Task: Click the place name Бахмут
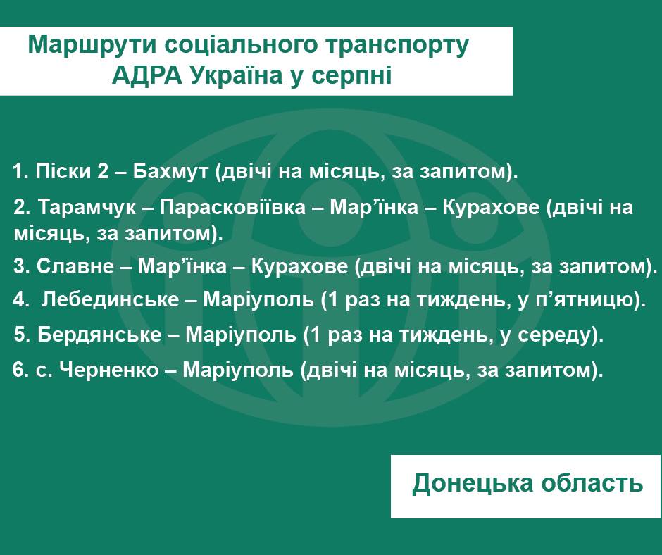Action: click(x=170, y=171)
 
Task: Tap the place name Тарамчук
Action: click(x=87, y=207)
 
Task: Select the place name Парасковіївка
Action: click(x=232, y=207)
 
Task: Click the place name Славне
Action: click(x=75, y=266)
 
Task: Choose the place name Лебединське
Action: click(x=111, y=299)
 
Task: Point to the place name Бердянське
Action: click(x=99, y=335)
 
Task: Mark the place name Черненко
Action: click(x=109, y=370)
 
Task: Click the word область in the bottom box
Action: click(x=592, y=482)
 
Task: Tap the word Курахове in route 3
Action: click(x=299, y=266)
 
